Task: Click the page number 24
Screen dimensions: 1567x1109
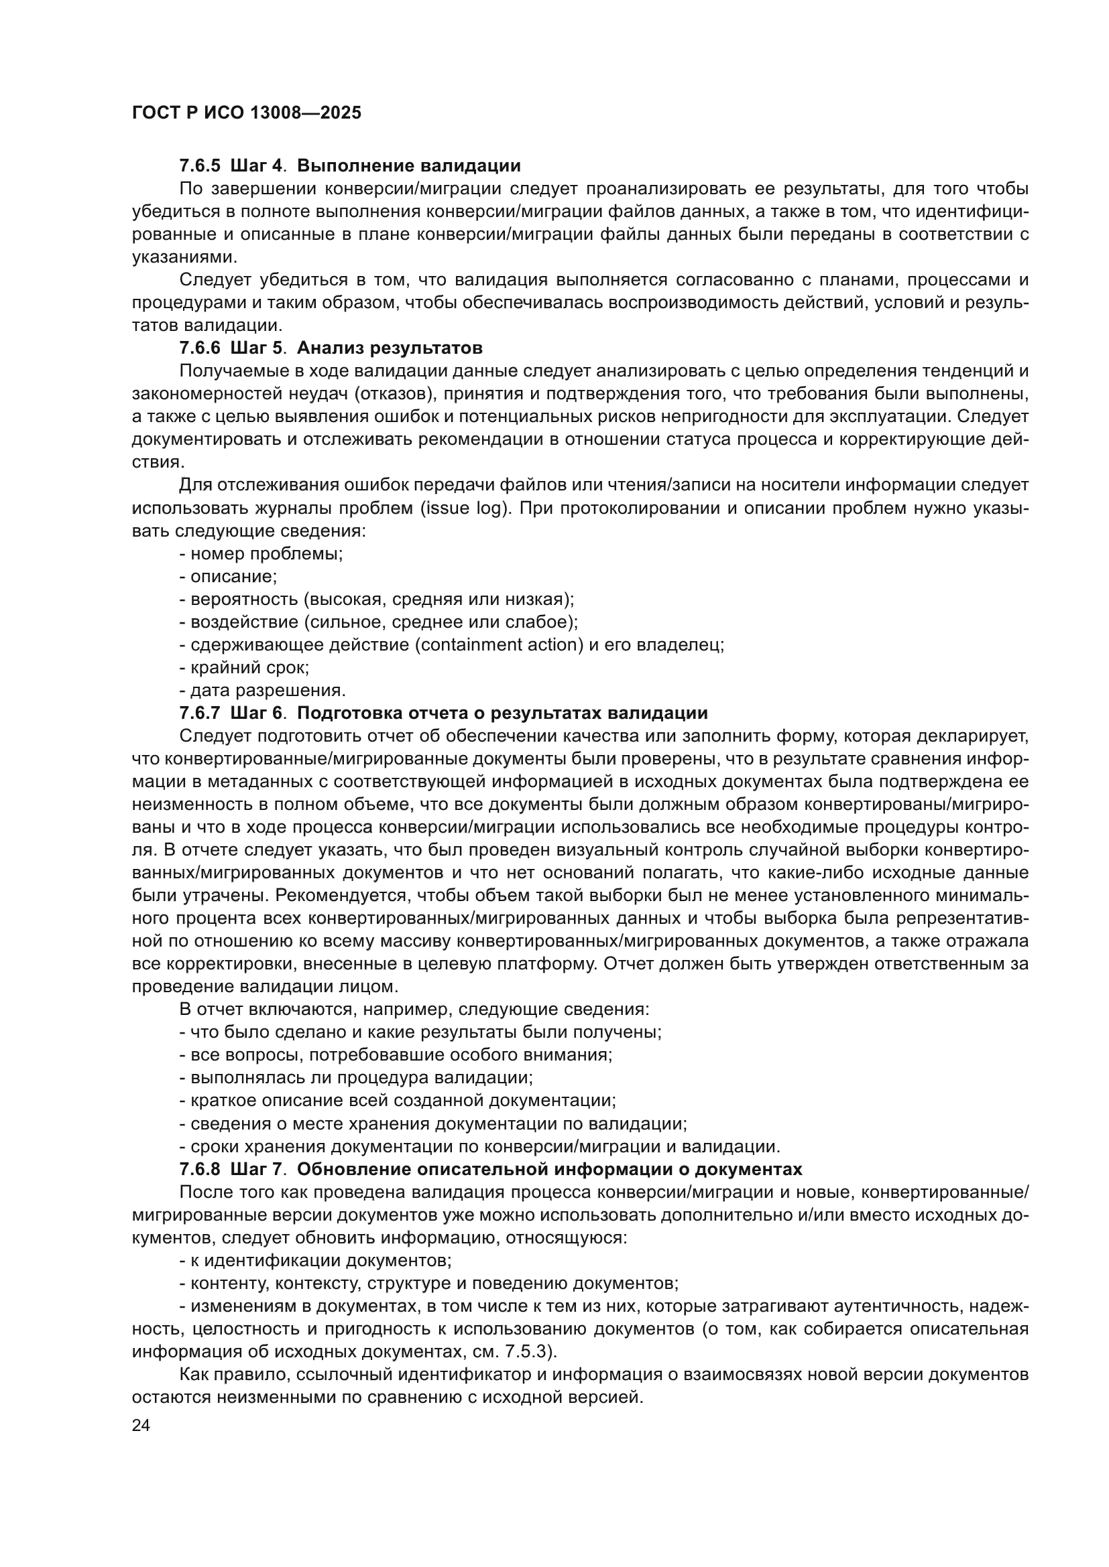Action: [141, 1426]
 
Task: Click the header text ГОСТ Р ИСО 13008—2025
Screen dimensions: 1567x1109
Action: [247, 113]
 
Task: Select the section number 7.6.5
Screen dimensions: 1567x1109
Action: [199, 166]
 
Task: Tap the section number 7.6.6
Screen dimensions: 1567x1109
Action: [199, 348]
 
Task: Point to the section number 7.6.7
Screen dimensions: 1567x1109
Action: [199, 713]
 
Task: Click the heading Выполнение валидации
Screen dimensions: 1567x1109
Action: [409, 166]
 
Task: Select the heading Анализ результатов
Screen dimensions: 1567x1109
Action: [390, 348]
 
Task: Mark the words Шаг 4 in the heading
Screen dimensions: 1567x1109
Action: [256, 166]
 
